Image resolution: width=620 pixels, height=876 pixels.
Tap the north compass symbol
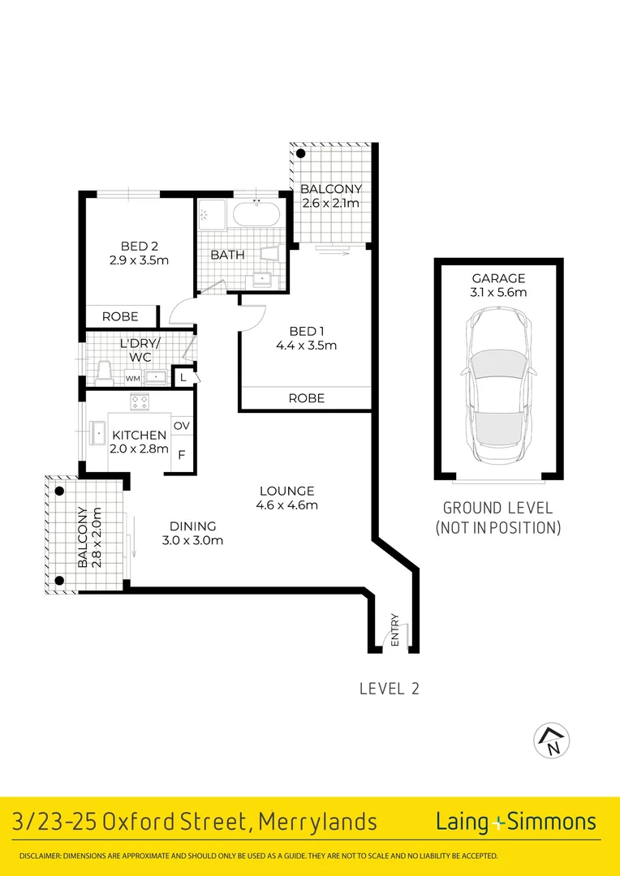551,740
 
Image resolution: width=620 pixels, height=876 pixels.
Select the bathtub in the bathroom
256,216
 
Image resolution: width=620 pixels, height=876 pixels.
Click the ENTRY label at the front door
395,629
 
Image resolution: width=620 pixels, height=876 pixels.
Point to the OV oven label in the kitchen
181,426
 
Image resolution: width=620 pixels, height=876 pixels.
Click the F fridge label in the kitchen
181,454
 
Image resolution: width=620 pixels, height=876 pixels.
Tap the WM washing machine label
131,378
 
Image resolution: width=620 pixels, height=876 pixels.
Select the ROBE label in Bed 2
119,316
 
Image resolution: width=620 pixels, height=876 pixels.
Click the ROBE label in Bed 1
306,398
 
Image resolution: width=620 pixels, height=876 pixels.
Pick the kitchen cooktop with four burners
140,401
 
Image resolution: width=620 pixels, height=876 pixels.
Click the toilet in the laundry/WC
103,372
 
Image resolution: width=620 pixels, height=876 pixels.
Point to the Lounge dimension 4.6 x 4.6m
286,505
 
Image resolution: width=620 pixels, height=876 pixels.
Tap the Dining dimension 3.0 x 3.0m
193,540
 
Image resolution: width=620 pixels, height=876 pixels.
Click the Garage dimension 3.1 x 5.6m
498,292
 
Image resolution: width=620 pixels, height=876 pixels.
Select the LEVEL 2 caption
389,689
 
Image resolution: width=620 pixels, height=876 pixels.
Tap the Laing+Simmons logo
515,822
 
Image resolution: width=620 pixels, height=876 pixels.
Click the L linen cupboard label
183,377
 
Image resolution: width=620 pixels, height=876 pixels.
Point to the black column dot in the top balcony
300,153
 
